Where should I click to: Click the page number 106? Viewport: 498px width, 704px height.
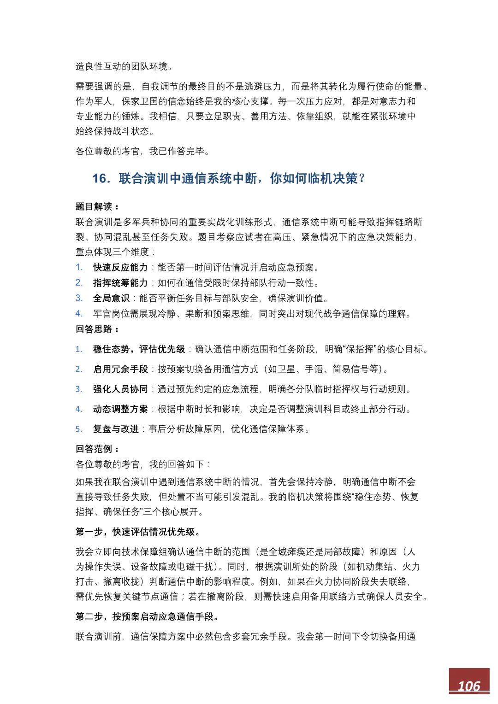tap(469, 686)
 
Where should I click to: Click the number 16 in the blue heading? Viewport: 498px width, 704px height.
tap(99, 178)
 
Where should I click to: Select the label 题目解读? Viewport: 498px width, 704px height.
tap(94, 206)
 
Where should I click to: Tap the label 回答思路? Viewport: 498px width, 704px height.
tap(94, 329)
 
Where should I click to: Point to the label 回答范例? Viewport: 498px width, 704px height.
tap(94, 449)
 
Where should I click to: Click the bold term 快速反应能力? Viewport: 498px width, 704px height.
tap(120, 268)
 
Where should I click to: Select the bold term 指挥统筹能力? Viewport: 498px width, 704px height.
tap(120, 283)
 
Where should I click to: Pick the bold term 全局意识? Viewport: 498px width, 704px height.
tap(111, 299)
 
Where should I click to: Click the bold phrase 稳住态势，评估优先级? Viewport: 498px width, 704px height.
tap(139, 349)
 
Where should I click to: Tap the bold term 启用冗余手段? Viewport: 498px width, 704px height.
tap(120, 369)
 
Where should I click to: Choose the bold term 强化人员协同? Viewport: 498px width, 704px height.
tap(120, 389)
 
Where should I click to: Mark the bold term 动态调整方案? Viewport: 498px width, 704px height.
tap(120, 409)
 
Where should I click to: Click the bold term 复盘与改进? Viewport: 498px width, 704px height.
tap(116, 429)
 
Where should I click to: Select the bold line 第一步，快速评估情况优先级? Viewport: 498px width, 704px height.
tap(137, 532)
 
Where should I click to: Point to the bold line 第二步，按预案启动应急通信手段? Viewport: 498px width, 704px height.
tap(147, 616)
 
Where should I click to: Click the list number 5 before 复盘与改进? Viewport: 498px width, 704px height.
tap(79, 429)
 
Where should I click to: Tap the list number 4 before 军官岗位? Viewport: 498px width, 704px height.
tap(79, 314)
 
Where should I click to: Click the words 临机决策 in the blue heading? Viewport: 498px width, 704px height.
tap(332, 178)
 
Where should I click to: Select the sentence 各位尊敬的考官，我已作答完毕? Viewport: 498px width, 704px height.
tap(142, 151)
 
